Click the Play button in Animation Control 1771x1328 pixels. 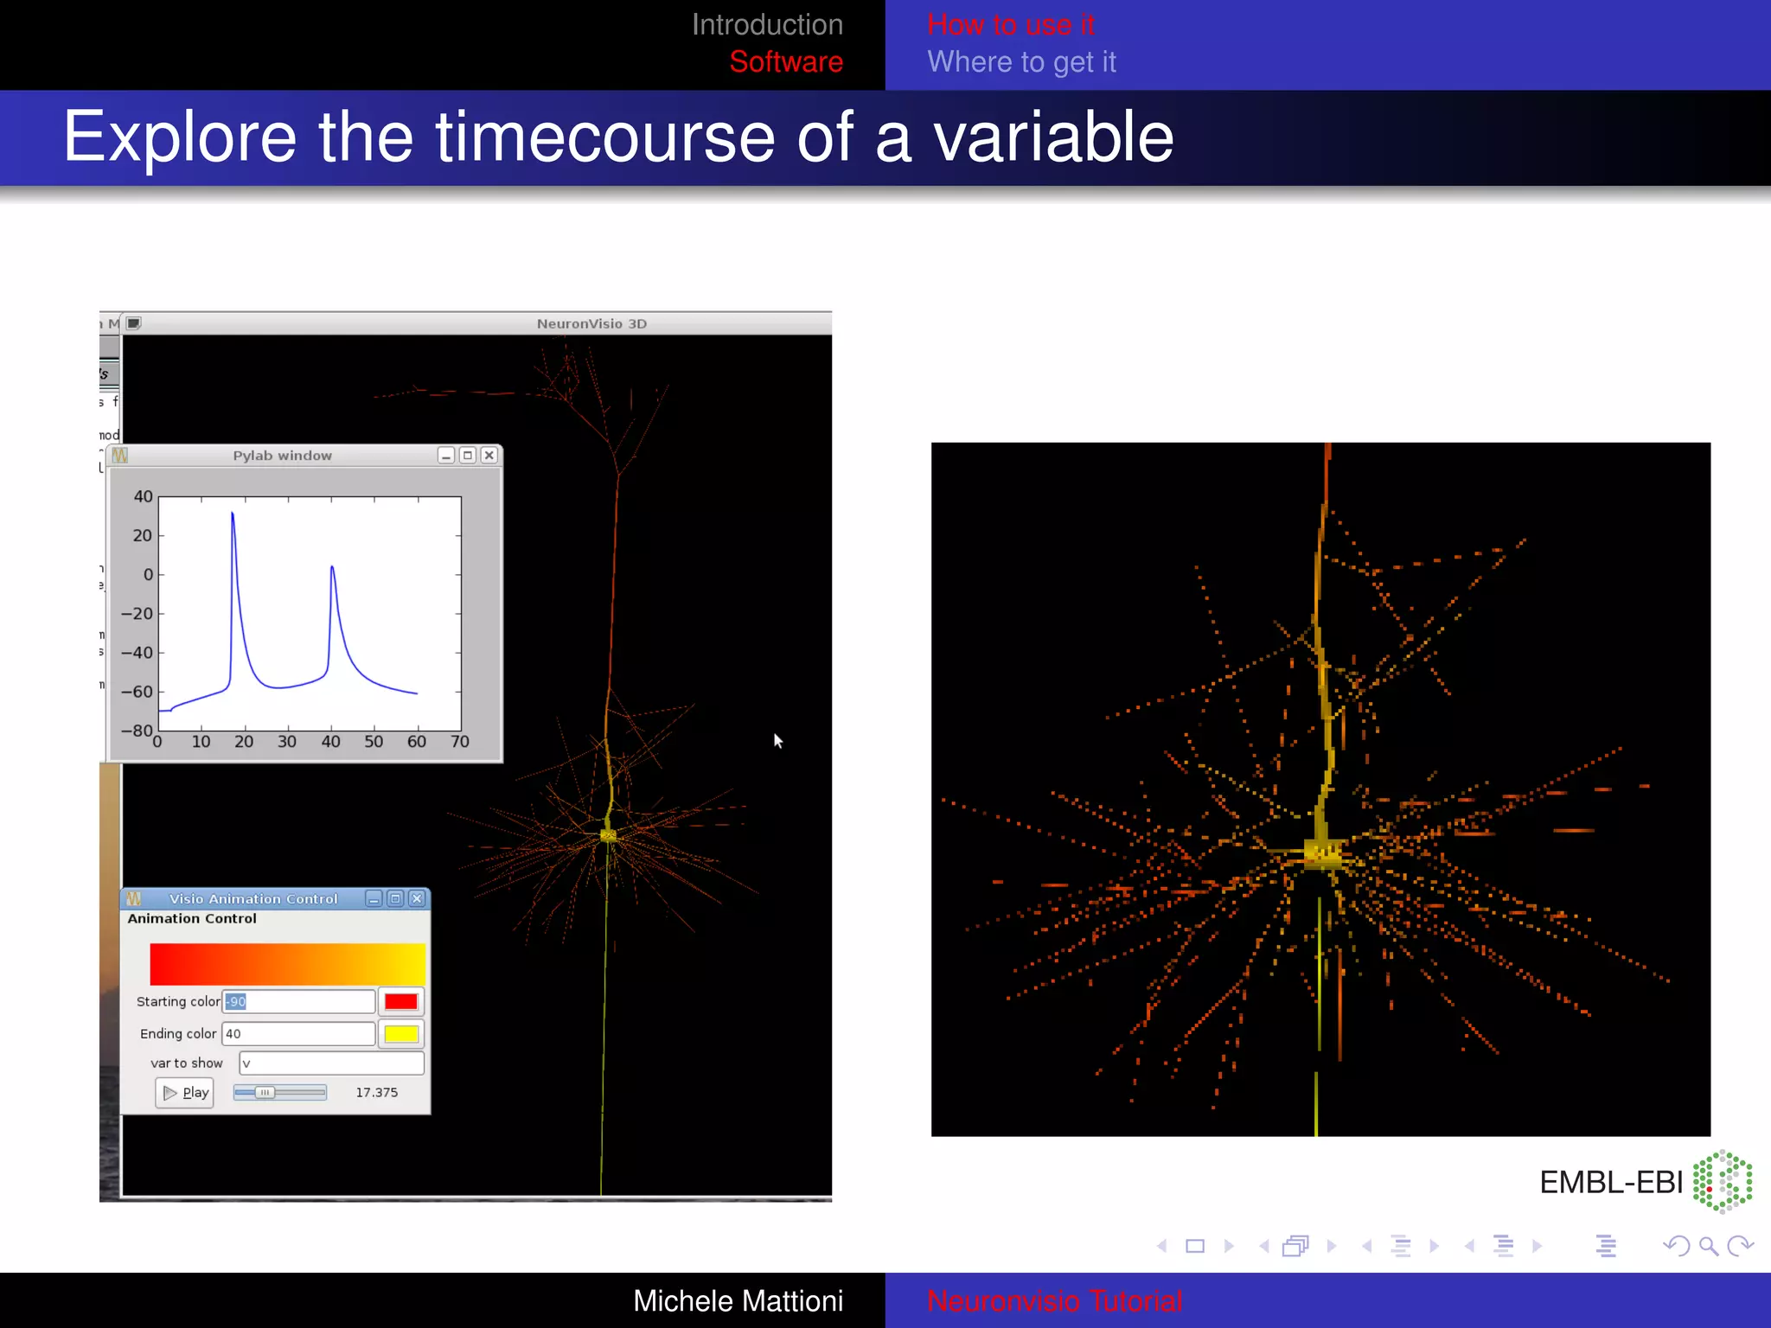coord(185,1093)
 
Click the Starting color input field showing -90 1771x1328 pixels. coord(298,1001)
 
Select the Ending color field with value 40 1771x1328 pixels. coord(298,1033)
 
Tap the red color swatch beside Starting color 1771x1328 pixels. coord(401,1001)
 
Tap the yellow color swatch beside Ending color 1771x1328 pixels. coord(401,1033)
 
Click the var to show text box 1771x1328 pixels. coord(331,1063)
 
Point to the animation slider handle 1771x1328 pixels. coord(265,1093)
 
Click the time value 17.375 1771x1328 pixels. coord(377,1093)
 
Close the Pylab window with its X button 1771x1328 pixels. coord(489,455)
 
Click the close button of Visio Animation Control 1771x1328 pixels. coord(417,898)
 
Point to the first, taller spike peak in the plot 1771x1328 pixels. coord(232,514)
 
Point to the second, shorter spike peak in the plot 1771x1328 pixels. coord(332,567)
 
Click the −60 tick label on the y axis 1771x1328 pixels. coord(137,692)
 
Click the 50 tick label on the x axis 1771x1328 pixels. coord(374,742)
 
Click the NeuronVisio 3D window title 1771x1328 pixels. coord(591,323)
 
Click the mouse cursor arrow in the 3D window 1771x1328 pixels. coord(777,740)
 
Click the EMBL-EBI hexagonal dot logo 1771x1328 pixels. coord(1722,1181)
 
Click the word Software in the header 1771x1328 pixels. coord(785,61)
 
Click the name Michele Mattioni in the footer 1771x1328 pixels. coord(738,1300)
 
